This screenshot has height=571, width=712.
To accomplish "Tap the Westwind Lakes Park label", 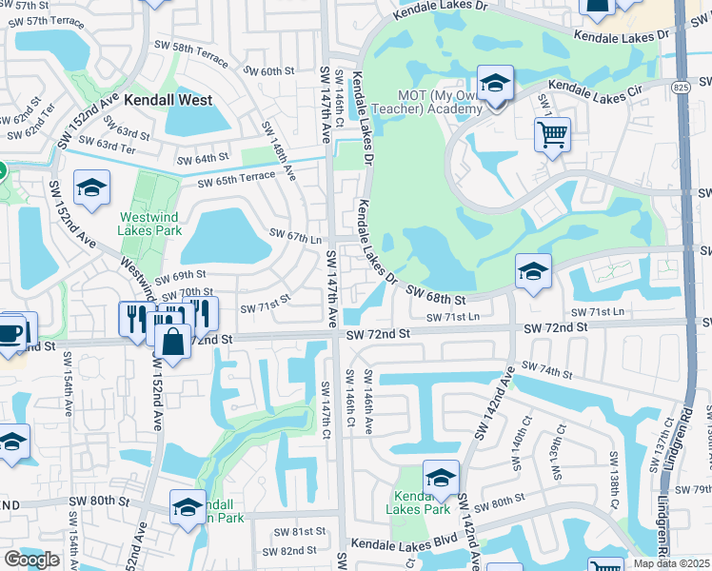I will [x=149, y=223].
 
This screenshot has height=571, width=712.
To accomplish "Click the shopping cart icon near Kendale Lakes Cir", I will [x=552, y=136].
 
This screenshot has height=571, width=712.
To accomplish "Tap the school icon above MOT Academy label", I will [x=495, y=84].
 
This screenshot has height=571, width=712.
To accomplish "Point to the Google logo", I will [x=31, y=560].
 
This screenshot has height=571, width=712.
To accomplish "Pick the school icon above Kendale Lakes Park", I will [x=441, y=479].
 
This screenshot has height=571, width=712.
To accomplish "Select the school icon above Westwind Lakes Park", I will [x=91, y=188].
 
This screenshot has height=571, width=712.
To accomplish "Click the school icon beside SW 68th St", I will [x=533, y=272].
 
